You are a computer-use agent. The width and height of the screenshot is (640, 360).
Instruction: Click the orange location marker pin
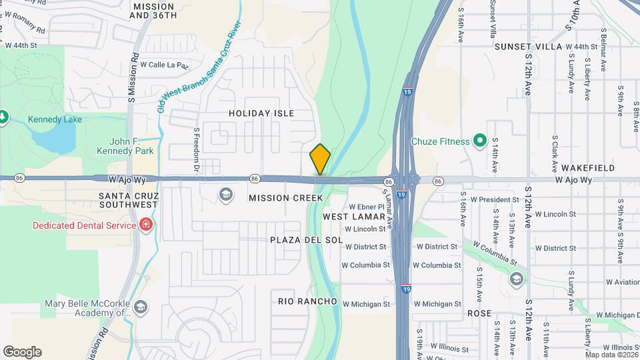click(x=320, y=159)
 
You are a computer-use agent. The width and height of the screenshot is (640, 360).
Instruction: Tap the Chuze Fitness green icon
click(x=479, y=141)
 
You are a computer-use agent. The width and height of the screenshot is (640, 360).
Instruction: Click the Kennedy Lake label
click(x=55, y=120)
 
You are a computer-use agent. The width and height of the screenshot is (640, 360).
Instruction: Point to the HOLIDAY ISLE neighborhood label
click(x=261, y=113)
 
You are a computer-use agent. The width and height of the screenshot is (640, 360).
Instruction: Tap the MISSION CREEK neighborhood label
click(x=285, y=198)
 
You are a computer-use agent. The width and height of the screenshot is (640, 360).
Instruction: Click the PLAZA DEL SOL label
click(x=307, y=239)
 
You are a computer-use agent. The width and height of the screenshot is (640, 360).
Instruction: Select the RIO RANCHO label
click(x=307, y=301)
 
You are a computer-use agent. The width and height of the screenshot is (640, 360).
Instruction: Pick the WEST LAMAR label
click(x=353, y=217)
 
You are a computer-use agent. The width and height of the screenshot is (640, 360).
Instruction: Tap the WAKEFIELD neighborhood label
click(x=587, y=167)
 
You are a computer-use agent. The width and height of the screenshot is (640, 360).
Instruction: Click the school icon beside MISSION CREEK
click(x=226, y=195)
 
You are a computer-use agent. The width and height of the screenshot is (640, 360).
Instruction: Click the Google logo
click(x=22, y=352)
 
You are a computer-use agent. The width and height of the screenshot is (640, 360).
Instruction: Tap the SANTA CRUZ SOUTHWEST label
click(x=129, y=201)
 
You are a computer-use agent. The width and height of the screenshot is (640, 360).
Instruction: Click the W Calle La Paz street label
click(x=164, y=65)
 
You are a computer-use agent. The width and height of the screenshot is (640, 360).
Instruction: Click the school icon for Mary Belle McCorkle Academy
click(x=140, y=307)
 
